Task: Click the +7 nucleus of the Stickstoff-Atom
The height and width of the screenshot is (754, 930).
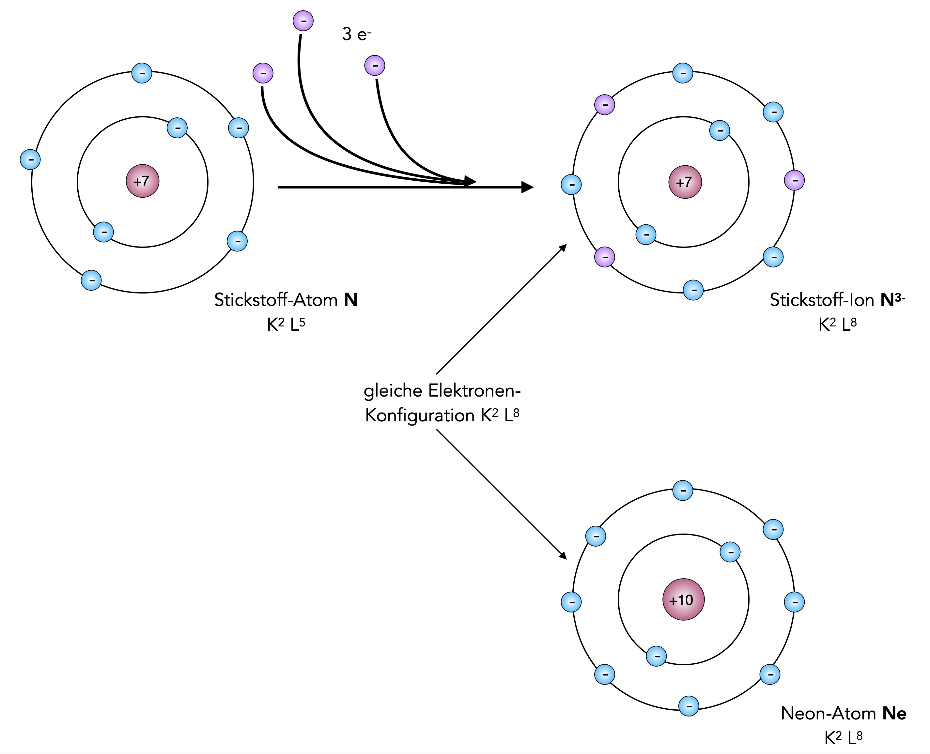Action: point(143,181)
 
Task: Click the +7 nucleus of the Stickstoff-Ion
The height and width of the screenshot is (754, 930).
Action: point(685,182)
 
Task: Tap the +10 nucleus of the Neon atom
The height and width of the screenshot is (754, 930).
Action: point(683,600)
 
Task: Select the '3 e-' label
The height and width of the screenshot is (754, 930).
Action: point(356,34)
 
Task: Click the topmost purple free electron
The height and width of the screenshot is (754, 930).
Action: point(303,21)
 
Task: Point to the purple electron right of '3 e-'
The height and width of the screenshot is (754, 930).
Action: point(375,66)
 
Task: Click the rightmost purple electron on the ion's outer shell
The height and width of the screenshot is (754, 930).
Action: point(794,180)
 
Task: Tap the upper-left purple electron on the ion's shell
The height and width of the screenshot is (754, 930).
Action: point(604,105)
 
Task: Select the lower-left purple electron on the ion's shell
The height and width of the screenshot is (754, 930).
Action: point(604,257)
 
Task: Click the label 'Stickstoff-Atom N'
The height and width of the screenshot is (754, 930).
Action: point(286,300)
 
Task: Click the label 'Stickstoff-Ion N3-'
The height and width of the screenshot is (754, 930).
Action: point(837,300)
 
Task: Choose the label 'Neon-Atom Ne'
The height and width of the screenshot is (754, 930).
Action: point(843,714)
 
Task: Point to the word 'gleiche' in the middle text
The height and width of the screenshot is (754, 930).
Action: point(393,391)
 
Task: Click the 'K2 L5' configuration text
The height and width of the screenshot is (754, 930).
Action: point(286,325)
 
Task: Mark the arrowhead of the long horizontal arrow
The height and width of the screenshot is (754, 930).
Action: point(528,187)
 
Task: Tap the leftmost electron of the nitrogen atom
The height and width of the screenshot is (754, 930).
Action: point(30,159)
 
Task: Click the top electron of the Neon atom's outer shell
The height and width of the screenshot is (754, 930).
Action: point(683,490)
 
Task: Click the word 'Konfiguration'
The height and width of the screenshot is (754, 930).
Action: point(419,416)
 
